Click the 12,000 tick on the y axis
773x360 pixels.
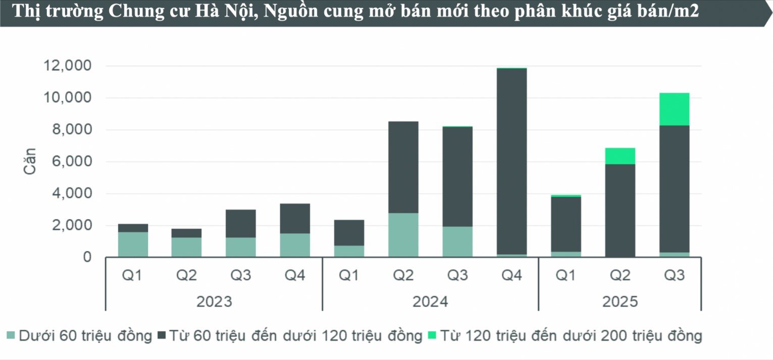click(x=68, y=66)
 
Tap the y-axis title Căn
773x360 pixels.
click(x=30, y=161)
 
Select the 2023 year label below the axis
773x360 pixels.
click(x=214, y=302)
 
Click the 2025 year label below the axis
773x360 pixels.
click(x=620, y=302)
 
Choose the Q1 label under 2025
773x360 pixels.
click(x=566, y=276)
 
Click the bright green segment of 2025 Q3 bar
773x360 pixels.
click(x=674, y=109)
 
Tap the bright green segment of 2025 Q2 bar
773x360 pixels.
click(x=620, y=156)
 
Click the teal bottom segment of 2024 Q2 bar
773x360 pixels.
click(x=403, y=235)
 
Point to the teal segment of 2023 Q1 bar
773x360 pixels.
click(x=133, y=244)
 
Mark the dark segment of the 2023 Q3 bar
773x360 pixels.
click(x=241, y=224)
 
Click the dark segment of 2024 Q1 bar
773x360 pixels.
click(x=349, y=233)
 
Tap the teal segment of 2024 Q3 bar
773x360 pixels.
click(x=457, y=242)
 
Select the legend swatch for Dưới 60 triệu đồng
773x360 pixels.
click(x=11, y=335)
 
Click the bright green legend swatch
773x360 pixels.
click(x=432, y=335)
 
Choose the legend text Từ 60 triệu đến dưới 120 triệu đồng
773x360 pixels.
click(x=295, y=335)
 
